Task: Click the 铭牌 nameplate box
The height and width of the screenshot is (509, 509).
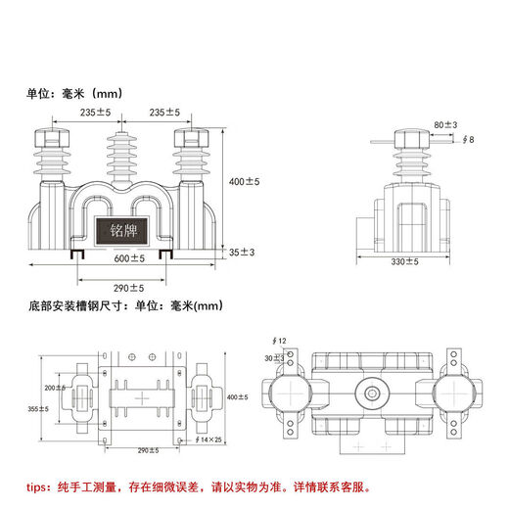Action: pyautogui.click(x=121, y=235)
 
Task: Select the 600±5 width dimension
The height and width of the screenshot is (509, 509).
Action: pyautogui.click(x=127, y=258)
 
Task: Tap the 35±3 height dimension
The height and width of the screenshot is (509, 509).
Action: pyautogui.click(x=242, y=253)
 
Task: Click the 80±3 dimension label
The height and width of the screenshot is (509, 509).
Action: pyautogui.click(x=445, y=124)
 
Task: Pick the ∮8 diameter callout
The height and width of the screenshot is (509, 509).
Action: pyautogui.click(x=469, y=140)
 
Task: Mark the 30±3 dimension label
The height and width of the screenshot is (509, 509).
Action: pyautogui.click(x=276, y=358)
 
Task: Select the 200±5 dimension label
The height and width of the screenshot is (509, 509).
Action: pyautogui.click(x=53, y=389)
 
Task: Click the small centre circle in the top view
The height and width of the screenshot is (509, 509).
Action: pyautogui.click(x=373, y=394)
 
